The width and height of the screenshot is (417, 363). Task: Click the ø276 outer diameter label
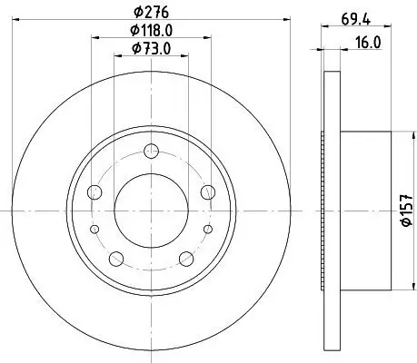coord(153,12)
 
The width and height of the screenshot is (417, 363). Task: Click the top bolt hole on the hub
coord(153,151)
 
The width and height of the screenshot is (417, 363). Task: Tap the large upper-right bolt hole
coord(209,191)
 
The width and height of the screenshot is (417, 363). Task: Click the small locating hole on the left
coord(95,231)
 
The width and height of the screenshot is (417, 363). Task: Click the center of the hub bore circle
coord(153,211)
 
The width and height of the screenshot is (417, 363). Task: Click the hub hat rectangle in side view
coord(362,211)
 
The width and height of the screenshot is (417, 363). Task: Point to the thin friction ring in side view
coord(329,211)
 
